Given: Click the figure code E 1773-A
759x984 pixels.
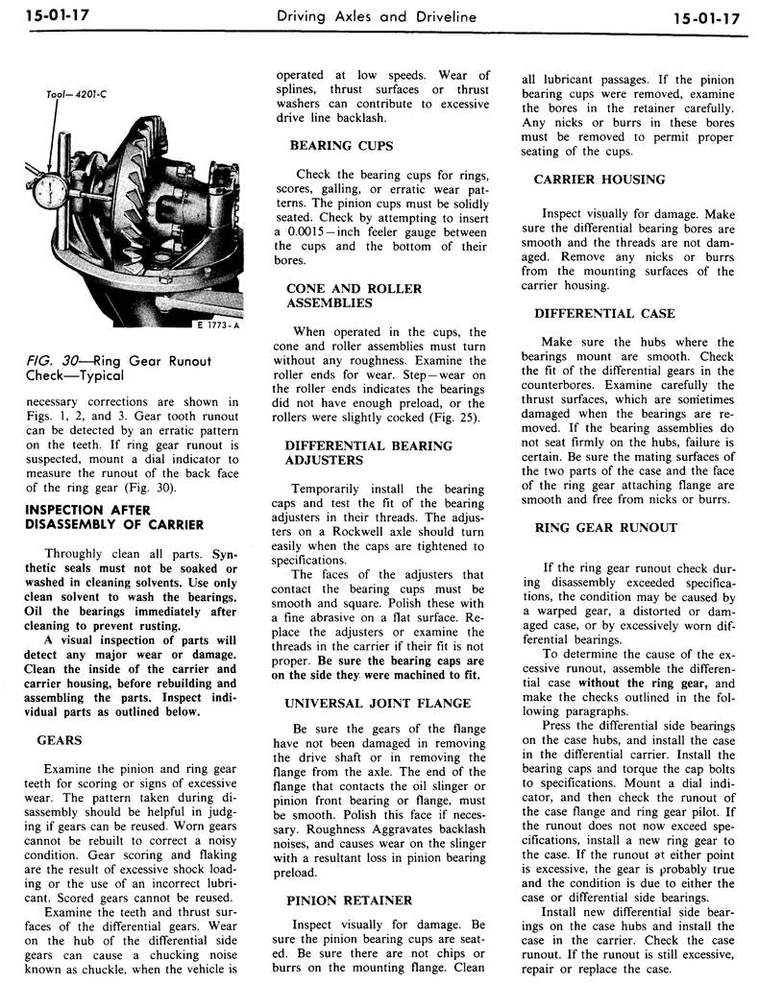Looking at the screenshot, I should pyautogui.click(x=216, y=324).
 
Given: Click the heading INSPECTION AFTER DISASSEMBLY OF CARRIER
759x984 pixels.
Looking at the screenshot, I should pyautogui.click(x=114, y=516).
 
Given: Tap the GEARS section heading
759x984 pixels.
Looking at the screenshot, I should pyautogui.click(x=59, y=740).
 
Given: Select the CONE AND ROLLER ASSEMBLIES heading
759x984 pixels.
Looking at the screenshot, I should pyautogui.click(x=330, y=296).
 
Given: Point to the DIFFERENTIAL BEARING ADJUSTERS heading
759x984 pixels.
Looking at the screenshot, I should pyautogui.click(x=369, y=452).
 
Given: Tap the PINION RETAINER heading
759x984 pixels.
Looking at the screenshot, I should pyautogui.click(x=350, y=900).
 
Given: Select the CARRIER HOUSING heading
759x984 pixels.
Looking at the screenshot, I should pyautogui.click(x=599, y=179).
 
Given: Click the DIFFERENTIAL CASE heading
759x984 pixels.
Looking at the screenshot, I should pyautogui.click(x=604, y=313).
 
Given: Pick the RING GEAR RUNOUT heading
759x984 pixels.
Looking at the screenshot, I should pyautogui.click(x=605, y=527).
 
